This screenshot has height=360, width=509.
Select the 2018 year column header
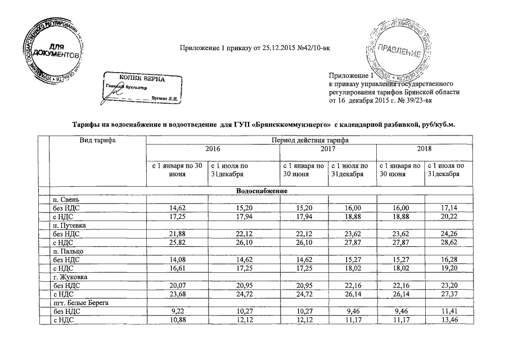pyautogui.click(x=424, y=149)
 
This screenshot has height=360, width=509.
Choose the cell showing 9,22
pyautogui.click(x=179, y=311)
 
